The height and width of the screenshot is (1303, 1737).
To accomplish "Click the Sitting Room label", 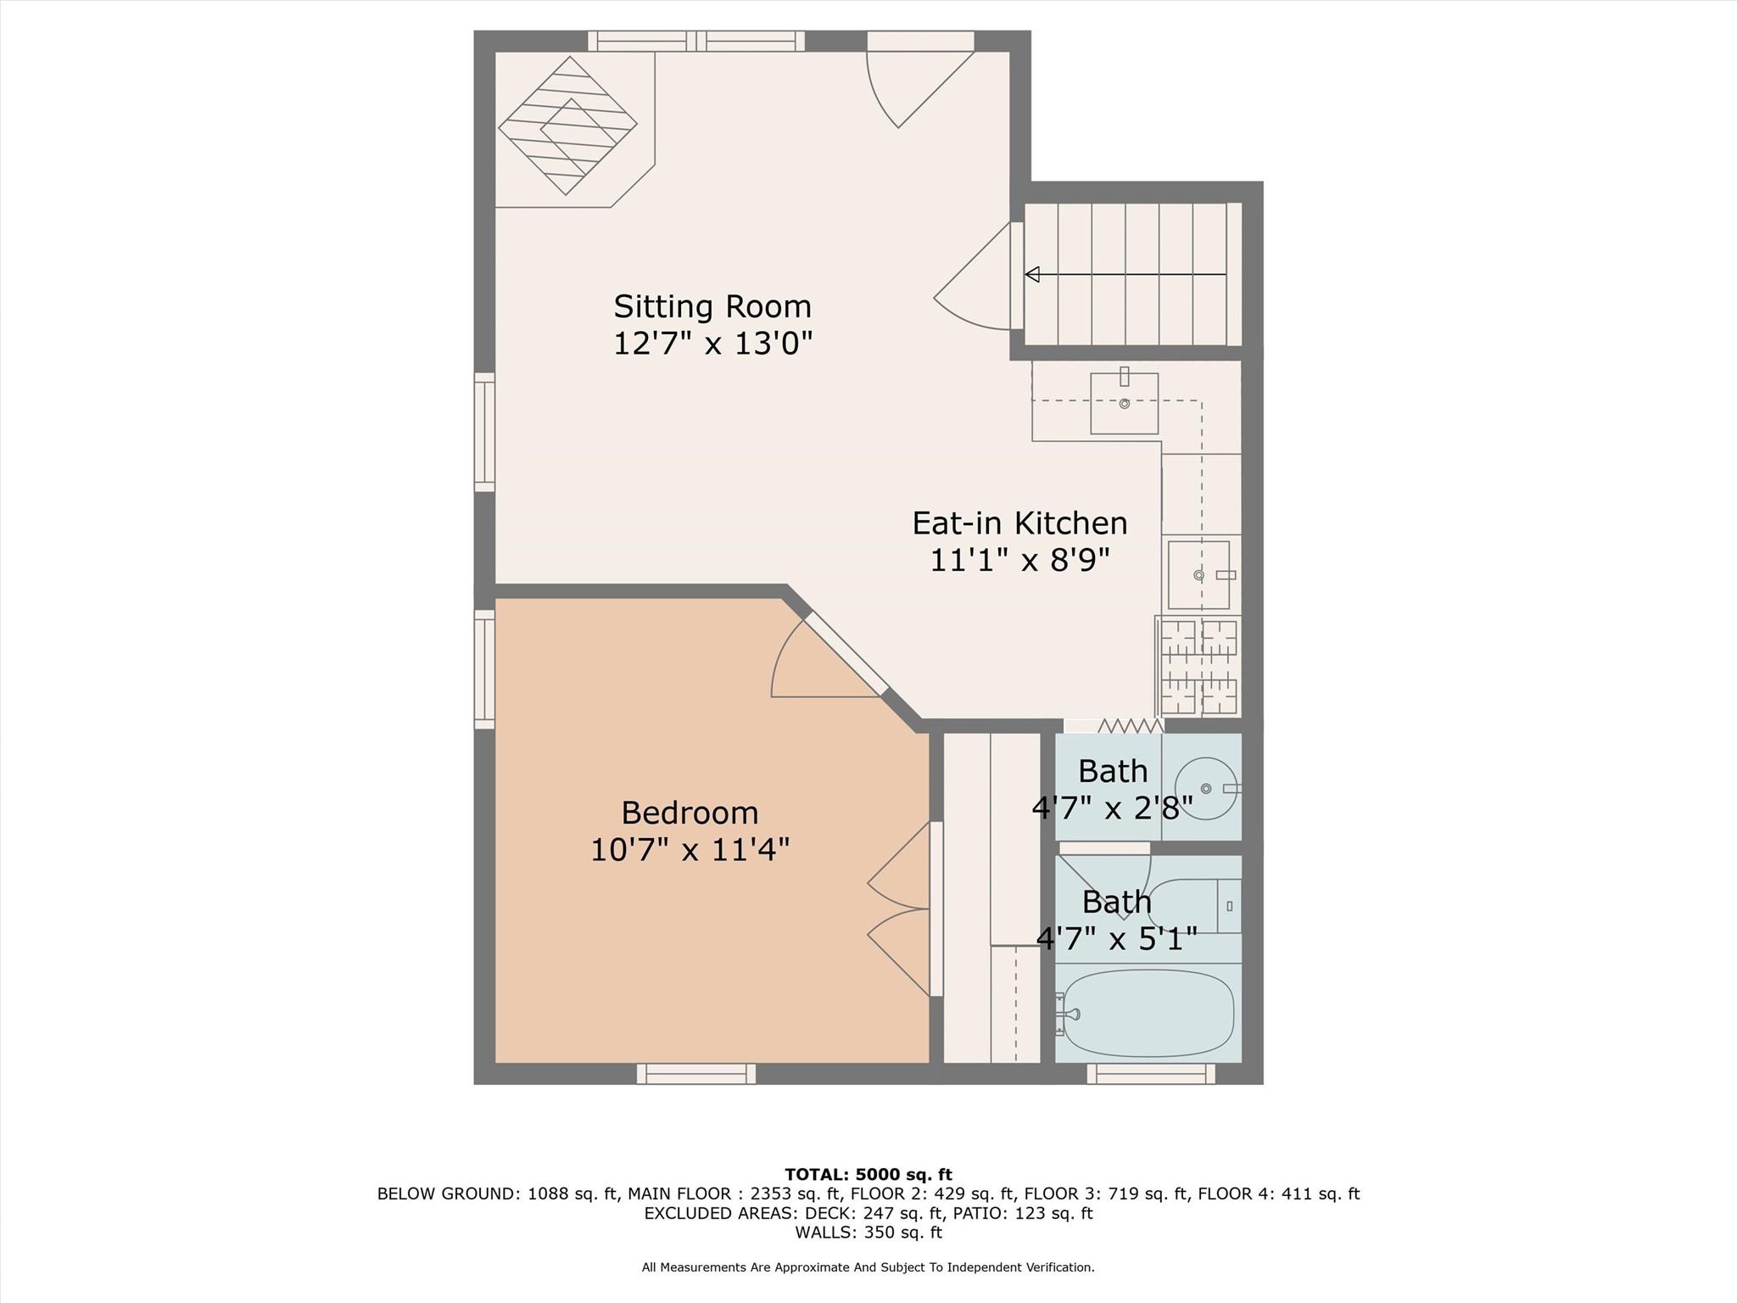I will pos(712,306).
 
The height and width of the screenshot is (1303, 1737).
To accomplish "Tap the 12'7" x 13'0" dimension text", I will pos(712,344).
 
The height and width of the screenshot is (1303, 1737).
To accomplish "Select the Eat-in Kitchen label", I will pos(1019,523).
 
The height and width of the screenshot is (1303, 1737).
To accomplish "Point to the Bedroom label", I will pos(690,813).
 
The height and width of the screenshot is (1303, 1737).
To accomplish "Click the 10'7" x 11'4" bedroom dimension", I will pos(690,849).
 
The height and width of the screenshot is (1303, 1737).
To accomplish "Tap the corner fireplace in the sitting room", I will pos(567,126).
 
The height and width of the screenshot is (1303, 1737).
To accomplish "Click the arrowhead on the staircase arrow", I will pos(1032,275).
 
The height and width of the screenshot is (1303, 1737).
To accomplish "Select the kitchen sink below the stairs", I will pos(1124,404).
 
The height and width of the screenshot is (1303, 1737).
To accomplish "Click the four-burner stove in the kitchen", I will pos(1198,667).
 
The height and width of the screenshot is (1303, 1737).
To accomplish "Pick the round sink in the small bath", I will pos(1206,788).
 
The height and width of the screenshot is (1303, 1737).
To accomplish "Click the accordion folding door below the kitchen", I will pos(1130,726).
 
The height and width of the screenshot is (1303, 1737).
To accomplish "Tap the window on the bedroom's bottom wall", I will pos(696,1074).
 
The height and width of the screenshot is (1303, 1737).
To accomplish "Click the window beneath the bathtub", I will pos(1151,1074).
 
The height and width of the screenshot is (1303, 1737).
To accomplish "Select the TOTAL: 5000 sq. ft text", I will pos(868,1175).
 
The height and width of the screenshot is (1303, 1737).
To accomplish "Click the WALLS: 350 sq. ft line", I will pos(868,1233).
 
